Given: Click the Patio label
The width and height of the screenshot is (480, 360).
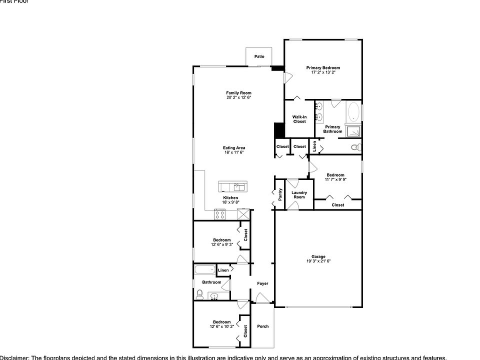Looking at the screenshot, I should tap(259, 56).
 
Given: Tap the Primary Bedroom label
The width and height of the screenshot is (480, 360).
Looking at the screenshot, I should tap(323, 67).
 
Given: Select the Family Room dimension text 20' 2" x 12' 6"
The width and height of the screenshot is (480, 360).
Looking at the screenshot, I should tap(238, 97).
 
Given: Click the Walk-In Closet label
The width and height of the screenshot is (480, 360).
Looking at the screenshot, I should tap(299, 119).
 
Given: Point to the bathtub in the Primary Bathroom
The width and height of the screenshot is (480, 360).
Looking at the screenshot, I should tap(353, 112).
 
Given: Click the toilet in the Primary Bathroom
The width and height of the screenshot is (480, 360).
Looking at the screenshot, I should tap(356, 147).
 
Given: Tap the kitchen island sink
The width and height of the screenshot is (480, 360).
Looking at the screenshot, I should tap(239, 187).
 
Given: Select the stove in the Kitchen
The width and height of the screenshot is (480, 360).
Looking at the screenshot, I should tap(219, 214).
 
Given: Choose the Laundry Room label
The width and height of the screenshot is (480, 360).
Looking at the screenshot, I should tap(299, 194).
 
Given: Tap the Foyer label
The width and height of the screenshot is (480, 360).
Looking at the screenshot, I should tap(262, 283).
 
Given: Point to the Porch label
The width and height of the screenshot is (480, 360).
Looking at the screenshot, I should tap(262, 326).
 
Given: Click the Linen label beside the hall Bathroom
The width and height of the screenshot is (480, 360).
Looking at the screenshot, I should tap(223, 270).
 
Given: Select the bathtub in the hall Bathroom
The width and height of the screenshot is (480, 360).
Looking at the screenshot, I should tap(204, 270).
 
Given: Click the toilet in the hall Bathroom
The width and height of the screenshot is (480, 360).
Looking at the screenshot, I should tap(199, 294).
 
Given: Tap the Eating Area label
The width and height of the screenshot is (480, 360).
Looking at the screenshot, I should tap(234, 147).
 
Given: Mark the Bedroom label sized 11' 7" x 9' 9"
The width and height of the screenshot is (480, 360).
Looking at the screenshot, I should tap(335, 175).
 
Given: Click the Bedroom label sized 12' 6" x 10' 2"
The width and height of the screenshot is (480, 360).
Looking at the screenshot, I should tap(221, 322).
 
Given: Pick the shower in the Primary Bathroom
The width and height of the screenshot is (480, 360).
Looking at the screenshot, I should tap(354, 131).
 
